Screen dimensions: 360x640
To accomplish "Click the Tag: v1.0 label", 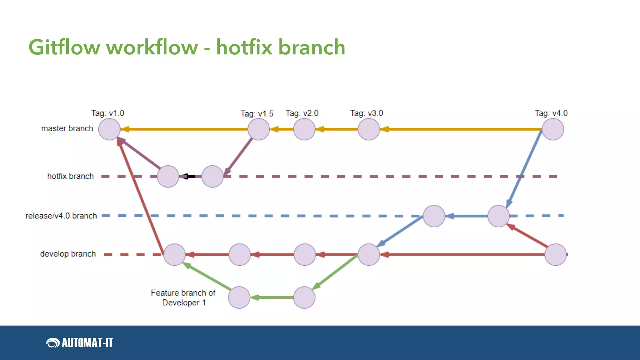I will tap(107, 113).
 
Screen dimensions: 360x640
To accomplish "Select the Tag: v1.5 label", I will tap(257, 114).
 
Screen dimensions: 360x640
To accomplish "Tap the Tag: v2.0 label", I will tap(302, 113).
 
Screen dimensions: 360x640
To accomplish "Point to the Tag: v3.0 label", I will tap(367, 113).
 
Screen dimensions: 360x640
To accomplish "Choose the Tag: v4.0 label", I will tap(551, 113).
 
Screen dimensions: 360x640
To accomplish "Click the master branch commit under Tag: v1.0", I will tap(109, 129).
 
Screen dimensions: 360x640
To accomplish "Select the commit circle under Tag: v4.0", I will tap(553, 129).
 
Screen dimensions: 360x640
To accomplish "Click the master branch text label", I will tap(67, 128).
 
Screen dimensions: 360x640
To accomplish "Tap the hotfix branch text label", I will tap(70, 176).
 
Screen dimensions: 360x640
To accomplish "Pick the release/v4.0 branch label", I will tap(61, 216).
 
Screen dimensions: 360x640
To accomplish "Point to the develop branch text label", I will tap(68, 254).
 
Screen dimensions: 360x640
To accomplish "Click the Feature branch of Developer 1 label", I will tap(183, 297).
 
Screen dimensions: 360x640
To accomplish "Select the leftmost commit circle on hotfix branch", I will tap(168, 177).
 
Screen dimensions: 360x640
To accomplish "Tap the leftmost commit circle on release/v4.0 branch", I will tap(434, 216).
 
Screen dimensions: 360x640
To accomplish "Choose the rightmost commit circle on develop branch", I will tap(556, 255).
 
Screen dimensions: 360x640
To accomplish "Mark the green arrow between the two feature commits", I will tap(272, 297).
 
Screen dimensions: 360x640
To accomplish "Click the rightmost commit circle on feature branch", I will tap(304, 297).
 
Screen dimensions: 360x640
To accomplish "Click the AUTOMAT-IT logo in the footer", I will tap(80, 343).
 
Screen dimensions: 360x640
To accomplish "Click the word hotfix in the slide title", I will tap(244, 47).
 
